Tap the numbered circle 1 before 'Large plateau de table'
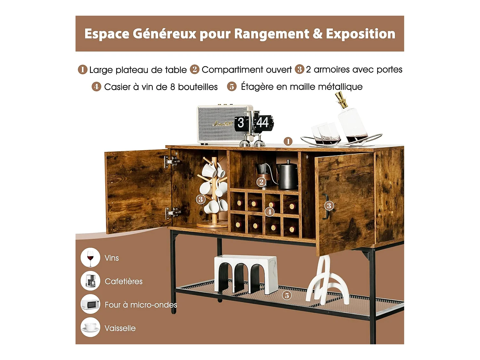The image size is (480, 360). [x=83, y=69]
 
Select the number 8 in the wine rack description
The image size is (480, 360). [x=172, y=87]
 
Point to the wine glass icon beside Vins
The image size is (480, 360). [x=90, y=258]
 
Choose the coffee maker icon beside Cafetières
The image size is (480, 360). [x=90, y=281]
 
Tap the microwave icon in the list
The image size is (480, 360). [x=90, y=304]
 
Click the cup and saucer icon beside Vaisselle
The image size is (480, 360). [x=90, y=327]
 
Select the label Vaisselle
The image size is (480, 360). [x=120, y=328]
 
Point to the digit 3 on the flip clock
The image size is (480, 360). [x=241, y=123]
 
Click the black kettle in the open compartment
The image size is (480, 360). [x=287, y=175]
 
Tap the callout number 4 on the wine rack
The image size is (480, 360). [x=269, y=212]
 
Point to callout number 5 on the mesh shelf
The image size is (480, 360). [x=287, y=295]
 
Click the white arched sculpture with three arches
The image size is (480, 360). [x=246, y=274]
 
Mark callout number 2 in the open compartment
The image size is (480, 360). [x=261, y=182]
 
